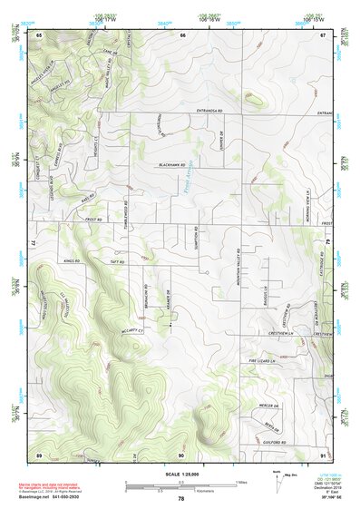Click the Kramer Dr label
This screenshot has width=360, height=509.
pyautogui.click(x=170, y=296)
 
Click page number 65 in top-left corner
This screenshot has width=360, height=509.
pyautogui.click(x=39, y=34)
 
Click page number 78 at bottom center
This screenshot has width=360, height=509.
pyautogui.click(x=180, y=499)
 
